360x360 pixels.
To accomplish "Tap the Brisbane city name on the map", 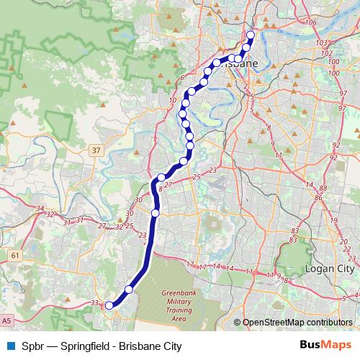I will pos(239,63).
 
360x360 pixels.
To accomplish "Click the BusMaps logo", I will pos(324,346).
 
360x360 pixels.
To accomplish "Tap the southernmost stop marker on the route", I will pos(109,306).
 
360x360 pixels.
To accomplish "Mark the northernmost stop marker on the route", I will pos(251,35).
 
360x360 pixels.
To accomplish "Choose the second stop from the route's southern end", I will pos(129,289).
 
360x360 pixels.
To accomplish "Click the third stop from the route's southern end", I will pos(156,213).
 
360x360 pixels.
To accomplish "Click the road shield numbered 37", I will pos(96,150).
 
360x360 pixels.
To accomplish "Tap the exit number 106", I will pos(311,23).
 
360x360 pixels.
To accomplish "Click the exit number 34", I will pos(41,208).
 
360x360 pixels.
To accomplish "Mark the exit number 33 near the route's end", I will pos(96,303).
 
